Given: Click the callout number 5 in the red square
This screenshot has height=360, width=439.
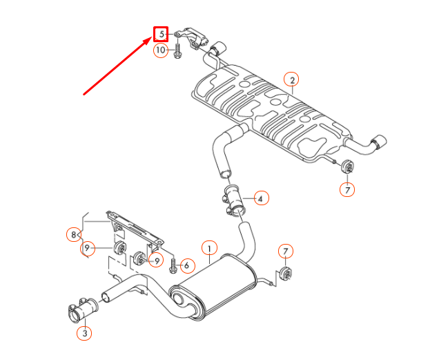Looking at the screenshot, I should (x=161, y=33).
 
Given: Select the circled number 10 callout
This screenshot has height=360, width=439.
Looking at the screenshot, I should (x=160, y=50).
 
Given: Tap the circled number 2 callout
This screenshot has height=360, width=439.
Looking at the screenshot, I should (x=292, y=80).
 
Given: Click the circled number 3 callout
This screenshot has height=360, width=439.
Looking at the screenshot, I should (x=84, y=334).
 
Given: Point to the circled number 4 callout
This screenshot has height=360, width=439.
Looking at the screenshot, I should (x=260, y=198).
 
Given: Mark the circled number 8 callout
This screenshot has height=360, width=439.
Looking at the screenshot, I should (x=75, y=234).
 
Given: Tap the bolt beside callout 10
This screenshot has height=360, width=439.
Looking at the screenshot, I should (x=178, y=50).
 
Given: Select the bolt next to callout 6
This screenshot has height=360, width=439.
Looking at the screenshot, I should (x=173, y=265).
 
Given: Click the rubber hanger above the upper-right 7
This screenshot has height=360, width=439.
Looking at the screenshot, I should (x=347, y=167).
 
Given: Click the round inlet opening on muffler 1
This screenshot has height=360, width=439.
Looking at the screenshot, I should (x=179, y=299).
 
